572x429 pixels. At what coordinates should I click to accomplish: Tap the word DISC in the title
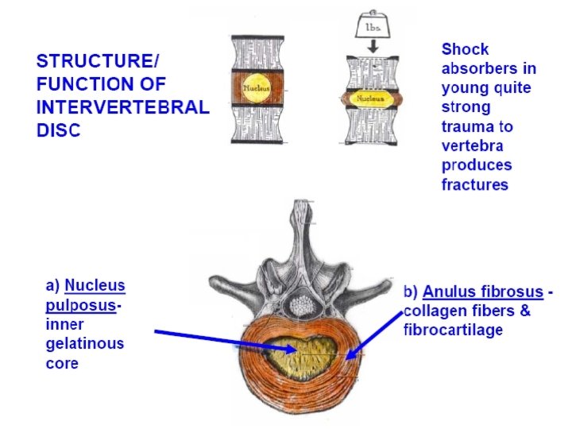59,130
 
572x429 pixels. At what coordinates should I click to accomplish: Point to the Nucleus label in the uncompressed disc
257,87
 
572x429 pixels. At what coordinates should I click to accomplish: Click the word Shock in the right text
465,48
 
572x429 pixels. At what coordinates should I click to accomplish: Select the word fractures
474,185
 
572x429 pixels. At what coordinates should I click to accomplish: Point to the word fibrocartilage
453,330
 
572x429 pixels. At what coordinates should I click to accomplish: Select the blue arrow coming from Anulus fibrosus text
373,334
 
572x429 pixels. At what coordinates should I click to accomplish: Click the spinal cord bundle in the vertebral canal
301,304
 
